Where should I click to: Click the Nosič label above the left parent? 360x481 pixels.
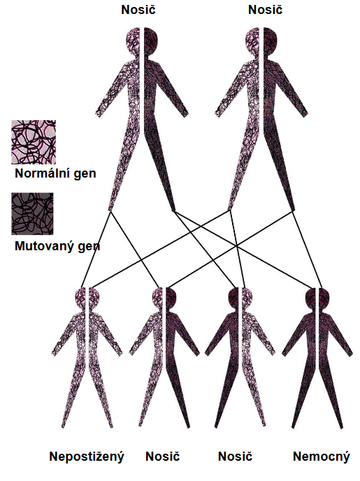click(138, 10)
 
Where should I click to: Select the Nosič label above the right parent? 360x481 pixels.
click(265, 10)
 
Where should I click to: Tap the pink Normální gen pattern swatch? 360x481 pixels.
click(34, 142)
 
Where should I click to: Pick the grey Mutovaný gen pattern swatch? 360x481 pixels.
click(32, 213)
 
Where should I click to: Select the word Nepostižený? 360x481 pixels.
click(87, 457)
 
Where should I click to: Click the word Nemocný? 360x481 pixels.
click(322, 457)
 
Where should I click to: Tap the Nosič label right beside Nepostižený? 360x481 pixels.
click(162, 457)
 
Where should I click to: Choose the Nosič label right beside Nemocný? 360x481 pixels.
click(235, 457)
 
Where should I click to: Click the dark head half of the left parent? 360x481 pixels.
click(150, 41)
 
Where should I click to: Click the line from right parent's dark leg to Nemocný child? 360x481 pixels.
click(308, 250)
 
